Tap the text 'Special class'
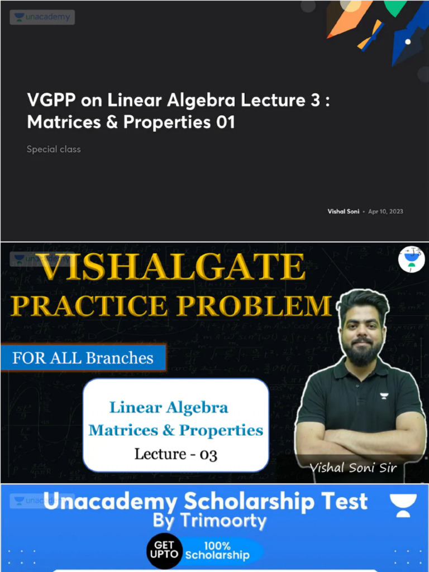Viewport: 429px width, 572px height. click(x=54, y=149)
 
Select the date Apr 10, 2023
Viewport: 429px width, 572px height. click(x=385, y=212)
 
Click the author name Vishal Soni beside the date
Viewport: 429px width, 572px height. click(x=344, y=212)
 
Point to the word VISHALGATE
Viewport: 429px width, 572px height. click(x=173, y=268)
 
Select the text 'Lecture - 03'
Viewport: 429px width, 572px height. click(x=175, y=454)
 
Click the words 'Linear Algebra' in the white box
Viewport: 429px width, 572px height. click(x=169, y=407)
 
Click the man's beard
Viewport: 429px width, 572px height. click(x=361, y=353)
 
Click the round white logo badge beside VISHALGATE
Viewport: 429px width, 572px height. click(x=411, y=260)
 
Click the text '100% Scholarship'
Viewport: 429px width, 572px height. click(x=217, y=550)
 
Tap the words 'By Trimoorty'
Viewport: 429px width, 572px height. click(x=209, y=521)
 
